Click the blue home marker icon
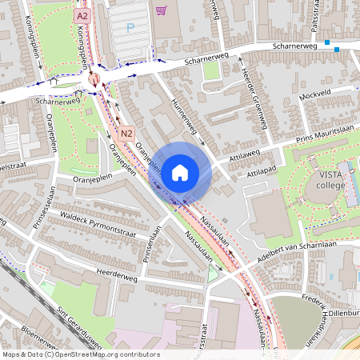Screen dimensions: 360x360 point(180,172)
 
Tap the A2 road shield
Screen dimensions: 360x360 point(82,15)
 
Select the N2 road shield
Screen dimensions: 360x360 point(126,133)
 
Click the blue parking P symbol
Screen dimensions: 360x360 point(130,28)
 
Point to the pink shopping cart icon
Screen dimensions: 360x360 point(162,10)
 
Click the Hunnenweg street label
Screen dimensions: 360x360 point(186,116)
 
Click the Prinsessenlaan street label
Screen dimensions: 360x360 point(44,205)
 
